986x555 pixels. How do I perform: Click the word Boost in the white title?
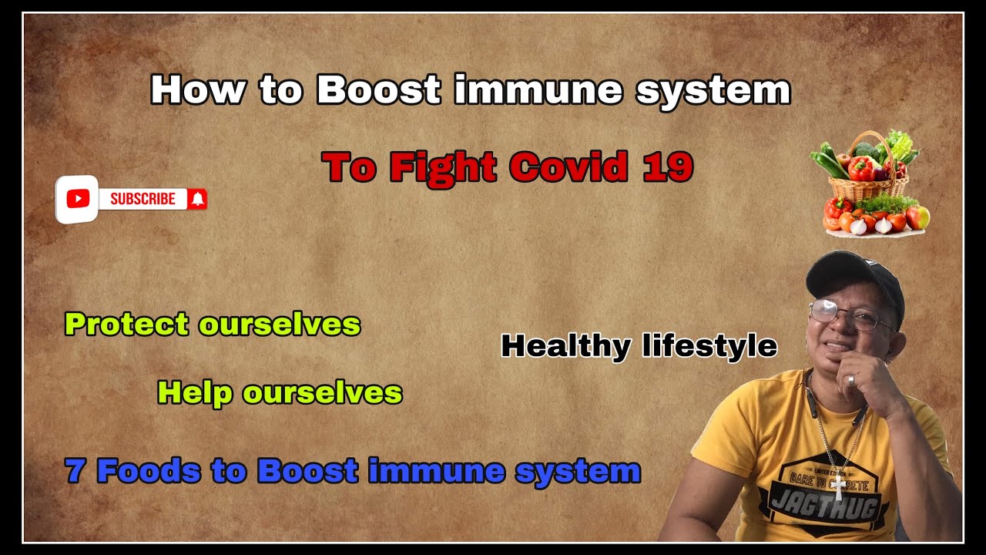(378, 90)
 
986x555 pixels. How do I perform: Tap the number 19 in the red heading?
(668, 167)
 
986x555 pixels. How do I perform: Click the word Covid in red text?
(568, 167)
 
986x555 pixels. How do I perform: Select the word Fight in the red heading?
(443, 169)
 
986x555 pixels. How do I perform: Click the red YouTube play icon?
(78, 199)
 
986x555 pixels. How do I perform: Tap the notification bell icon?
(198, 199)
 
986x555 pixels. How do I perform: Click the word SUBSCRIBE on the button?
(143, 199)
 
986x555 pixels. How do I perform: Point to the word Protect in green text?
(127, 325)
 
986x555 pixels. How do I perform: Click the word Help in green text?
(195, 393)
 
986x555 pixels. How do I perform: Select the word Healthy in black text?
(565, 346)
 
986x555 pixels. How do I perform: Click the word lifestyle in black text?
(709, 346)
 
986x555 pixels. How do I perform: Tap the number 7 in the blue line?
(75, 470)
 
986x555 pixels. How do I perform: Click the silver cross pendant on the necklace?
(839, 485)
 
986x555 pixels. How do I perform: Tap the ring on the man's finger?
(851, 380)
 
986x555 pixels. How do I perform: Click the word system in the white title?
(713, 92)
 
